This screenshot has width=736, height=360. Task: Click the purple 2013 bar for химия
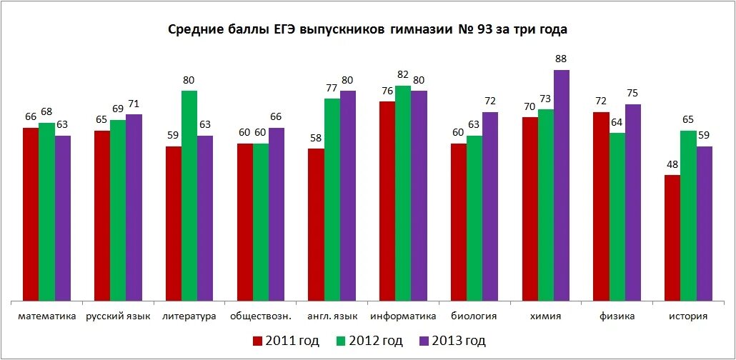pyautogui.click(x=562, y=185)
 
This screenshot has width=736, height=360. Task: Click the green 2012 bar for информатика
pyautogui.click(x=403, y=193)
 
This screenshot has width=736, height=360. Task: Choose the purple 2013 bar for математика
pyautogui.click(x=63, y=217)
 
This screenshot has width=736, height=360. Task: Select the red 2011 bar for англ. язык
pyautogui.click(x=316, y=224)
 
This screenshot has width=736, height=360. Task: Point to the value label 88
pyautogui.click(x=562, y=59)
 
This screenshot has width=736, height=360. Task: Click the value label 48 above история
pyautogui.click(x=672, y=164)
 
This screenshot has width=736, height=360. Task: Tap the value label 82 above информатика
pyautogui.click(x=403, y=75)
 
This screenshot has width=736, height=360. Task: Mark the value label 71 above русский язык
pyautogui.click(x=134, y=104)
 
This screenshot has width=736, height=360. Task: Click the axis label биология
pyautogui.click(x=474, y=316)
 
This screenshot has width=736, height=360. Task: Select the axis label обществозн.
pyautogui.click(x=260, y=316)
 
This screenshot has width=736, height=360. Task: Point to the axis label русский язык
pyautogui.click(x=118, y=316)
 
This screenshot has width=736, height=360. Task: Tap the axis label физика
pyautogui.click(x=617, y=316)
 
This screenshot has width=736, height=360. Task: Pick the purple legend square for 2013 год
pyautogui.click(x=422, y=341)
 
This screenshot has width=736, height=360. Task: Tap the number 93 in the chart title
pyautogui.click(x=486, y=30)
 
